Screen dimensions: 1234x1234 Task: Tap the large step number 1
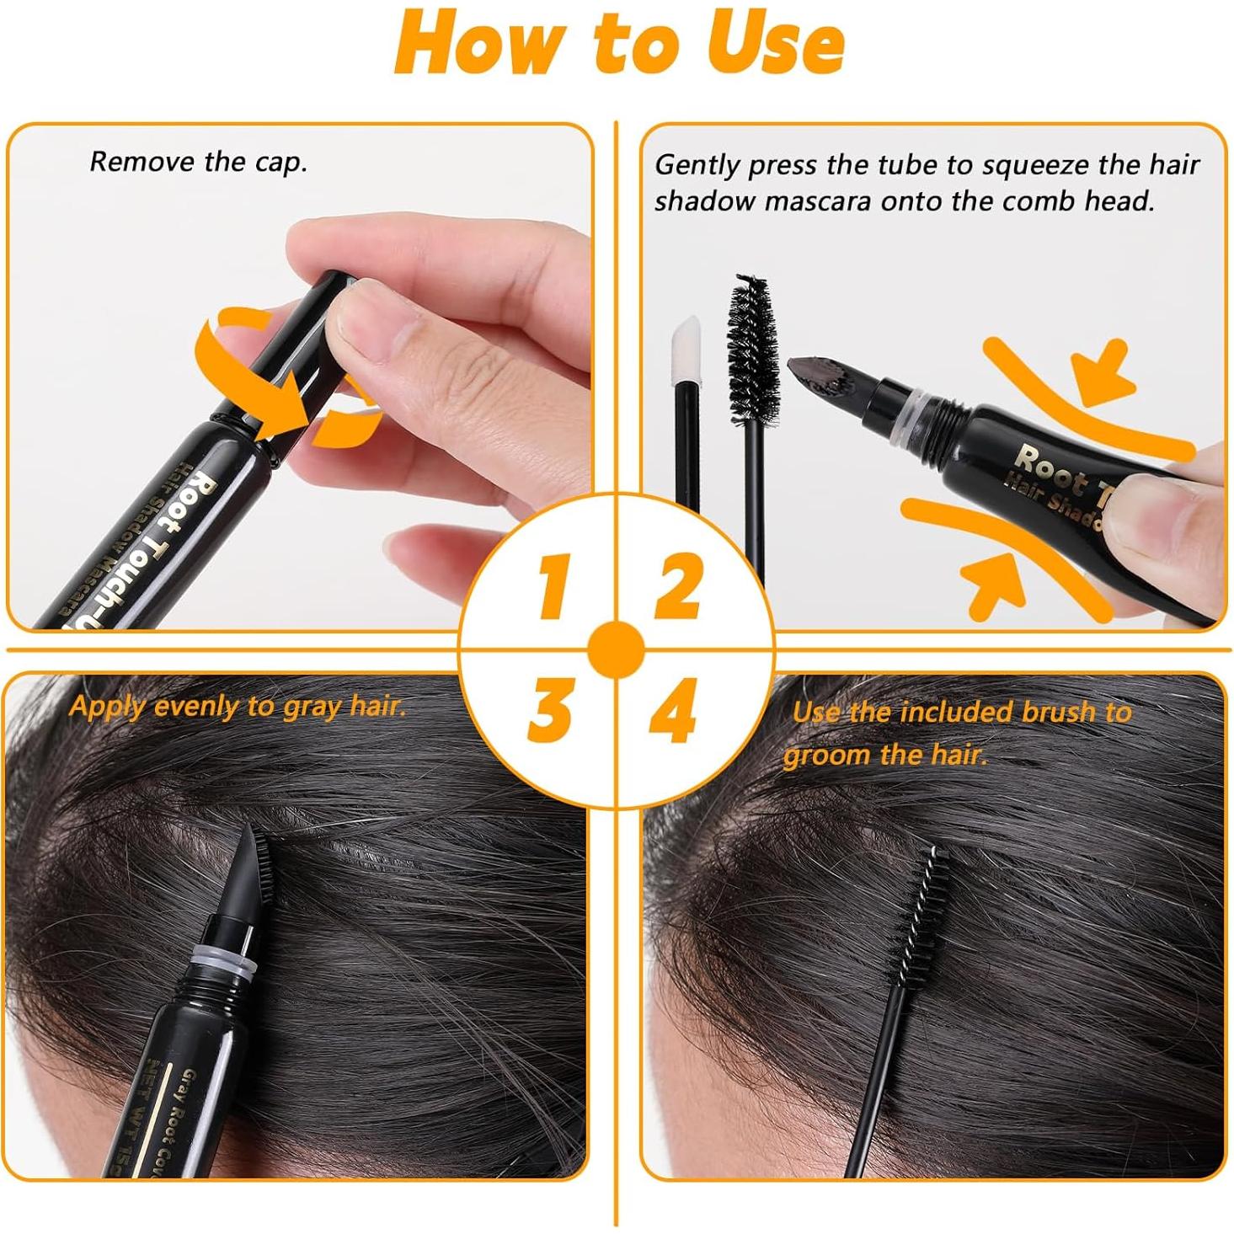point(553,586)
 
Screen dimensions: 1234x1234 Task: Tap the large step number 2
point(678,586)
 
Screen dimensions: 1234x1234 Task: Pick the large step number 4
point(673,712)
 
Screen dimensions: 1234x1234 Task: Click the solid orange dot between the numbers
point(617,650)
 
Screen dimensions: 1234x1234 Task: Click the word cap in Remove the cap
point(281,163)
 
